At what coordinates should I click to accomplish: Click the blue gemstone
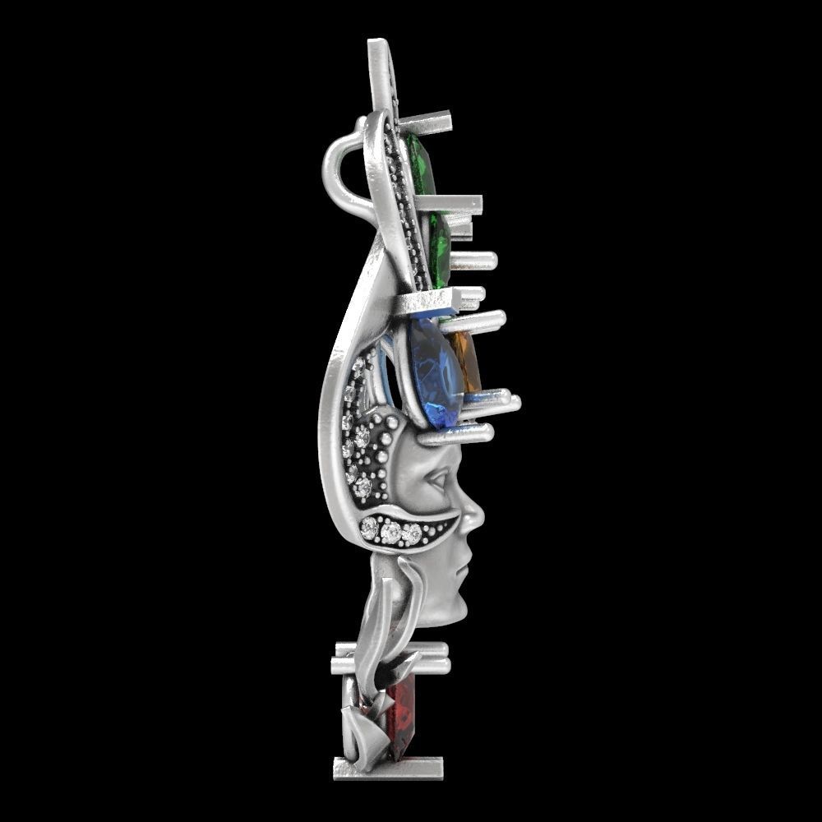434,374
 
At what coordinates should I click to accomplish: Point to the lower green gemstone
439,247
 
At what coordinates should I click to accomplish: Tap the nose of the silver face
474,518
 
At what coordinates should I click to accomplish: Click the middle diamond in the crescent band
391,533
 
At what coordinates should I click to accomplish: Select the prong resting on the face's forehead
456,434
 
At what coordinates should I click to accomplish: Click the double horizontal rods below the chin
390,658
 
